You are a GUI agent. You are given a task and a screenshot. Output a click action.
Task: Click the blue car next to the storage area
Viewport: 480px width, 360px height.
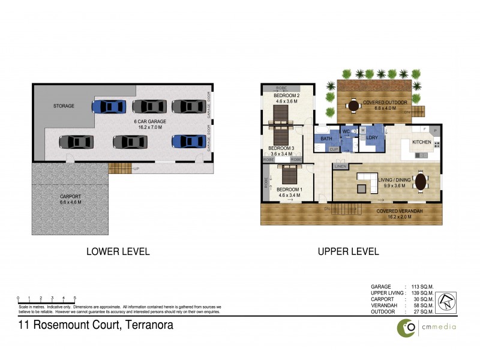tap(109, 106)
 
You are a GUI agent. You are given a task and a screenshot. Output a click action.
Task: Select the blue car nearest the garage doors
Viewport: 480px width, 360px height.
tap(187, 142)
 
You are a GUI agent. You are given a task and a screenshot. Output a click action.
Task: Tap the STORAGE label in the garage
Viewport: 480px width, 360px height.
tap(63, 106)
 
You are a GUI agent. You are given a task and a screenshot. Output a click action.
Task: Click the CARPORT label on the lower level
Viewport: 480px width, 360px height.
tap(70, 196)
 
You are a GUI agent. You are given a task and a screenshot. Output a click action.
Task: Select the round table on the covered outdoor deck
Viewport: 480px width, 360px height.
tap(350, 103)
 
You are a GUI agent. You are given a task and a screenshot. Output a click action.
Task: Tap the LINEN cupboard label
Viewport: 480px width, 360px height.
tap(340, 166)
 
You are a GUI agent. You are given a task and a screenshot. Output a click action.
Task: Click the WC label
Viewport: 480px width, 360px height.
tap(346, 131)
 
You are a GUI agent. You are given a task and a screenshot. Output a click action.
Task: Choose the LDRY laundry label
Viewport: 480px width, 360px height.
tap(372, 138)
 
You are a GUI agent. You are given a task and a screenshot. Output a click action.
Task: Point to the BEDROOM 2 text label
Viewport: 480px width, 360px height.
tap(286, 96)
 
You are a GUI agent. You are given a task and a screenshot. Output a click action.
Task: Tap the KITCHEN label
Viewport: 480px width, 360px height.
tap(421, 142)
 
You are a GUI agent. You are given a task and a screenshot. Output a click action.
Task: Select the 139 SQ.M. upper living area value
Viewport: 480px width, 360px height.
tap(422, 292)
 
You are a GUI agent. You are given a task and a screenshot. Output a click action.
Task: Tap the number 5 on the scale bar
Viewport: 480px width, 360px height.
tap(75, 298)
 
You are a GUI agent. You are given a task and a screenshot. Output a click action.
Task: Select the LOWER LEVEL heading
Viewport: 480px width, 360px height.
tap(118, 251)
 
